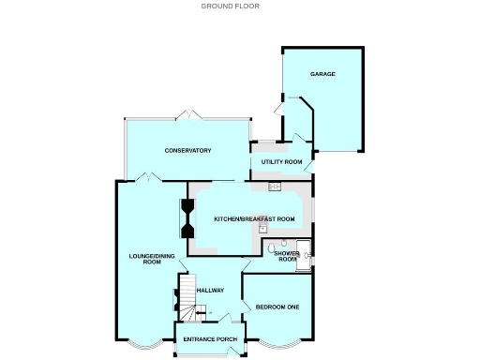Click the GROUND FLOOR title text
pos(231,6)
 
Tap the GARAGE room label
pos(323,74)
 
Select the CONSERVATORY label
pos(187,151)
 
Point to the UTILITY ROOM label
pos(280,162)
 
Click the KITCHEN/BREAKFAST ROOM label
pos(254,218)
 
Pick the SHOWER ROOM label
pos(287,257)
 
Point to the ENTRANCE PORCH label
pos(209,338)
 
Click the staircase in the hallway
pos(187,294)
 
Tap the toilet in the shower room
pos(271,247)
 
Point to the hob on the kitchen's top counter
pos(275,187)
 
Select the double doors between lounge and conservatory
pos(145,177)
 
